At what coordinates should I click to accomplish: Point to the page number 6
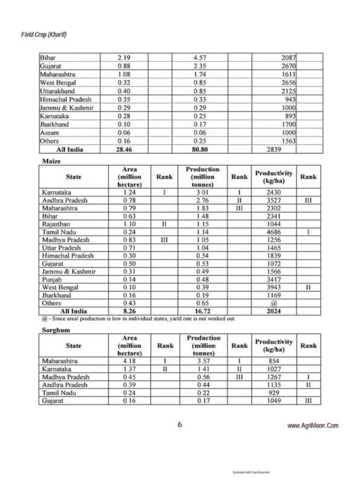[179, 424]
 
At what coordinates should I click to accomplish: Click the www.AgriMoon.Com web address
[314, 425]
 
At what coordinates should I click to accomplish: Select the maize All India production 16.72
[200, 311]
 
